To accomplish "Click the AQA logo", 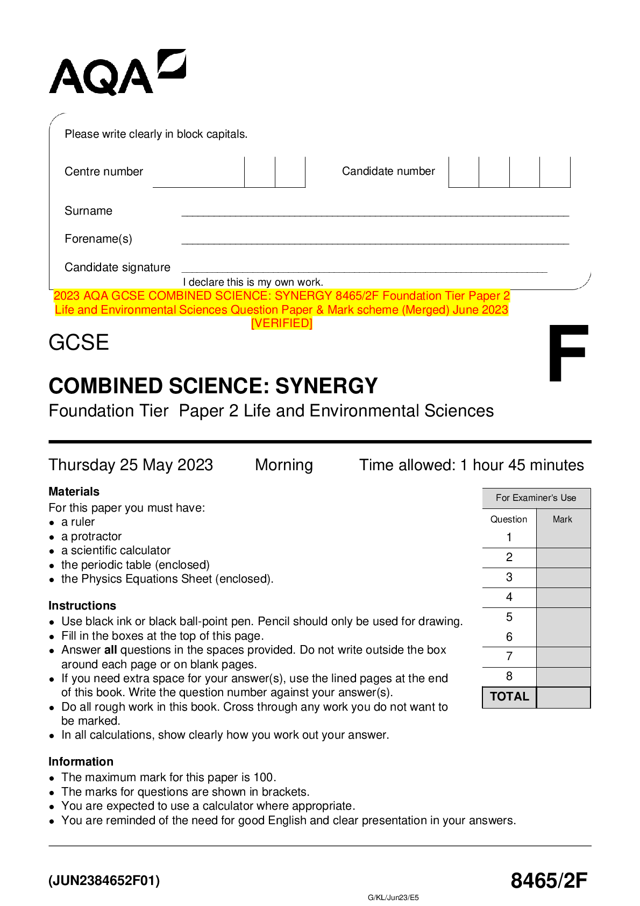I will click(x=117, y=73).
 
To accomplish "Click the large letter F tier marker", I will click(x=567, y=353).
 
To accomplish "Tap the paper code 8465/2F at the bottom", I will click(x=549, y=881).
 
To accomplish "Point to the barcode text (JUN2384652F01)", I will click(x=104, y=881).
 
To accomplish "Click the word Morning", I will click(x=283, y=465).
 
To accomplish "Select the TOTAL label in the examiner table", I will click(x=509, y=697).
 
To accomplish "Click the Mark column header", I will click(x=562, y=519).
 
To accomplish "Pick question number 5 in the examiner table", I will click(x=509, y=617).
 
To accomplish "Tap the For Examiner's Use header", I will click(x=536, y=498).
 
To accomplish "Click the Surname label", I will click(x=88, y=211).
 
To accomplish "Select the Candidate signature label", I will click(x=117, y=267).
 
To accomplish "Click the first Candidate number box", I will click(x=464, y=172).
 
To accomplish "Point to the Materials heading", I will click(x=74, y=492).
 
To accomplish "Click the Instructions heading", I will click(x=82, y=606).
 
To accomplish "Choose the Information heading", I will click(x=81, y=762).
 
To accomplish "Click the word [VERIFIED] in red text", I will click(x=282, y=323).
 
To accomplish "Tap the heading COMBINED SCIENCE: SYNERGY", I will click(x=213, y=386).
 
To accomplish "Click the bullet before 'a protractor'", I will click(x=52, y=537).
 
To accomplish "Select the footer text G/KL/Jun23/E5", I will click(x=393, y=897).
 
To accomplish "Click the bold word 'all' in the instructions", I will click(x=110, y=650).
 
